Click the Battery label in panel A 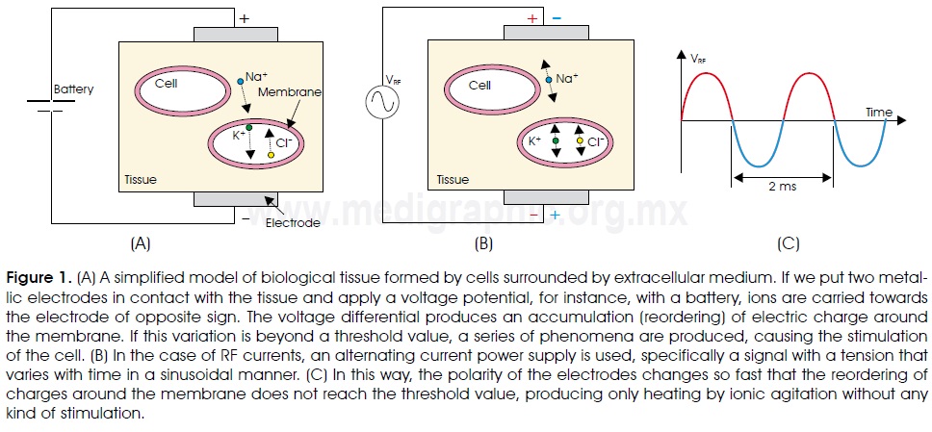(74, 89)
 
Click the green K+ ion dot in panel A (248, 127)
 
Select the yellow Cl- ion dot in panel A (271, 154)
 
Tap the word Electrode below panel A (294, 223)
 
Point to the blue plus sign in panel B (555, 215)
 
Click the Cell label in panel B (479, 85)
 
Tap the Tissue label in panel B (453, 180)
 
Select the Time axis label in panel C (878, 113)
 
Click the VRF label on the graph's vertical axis (697, 59)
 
